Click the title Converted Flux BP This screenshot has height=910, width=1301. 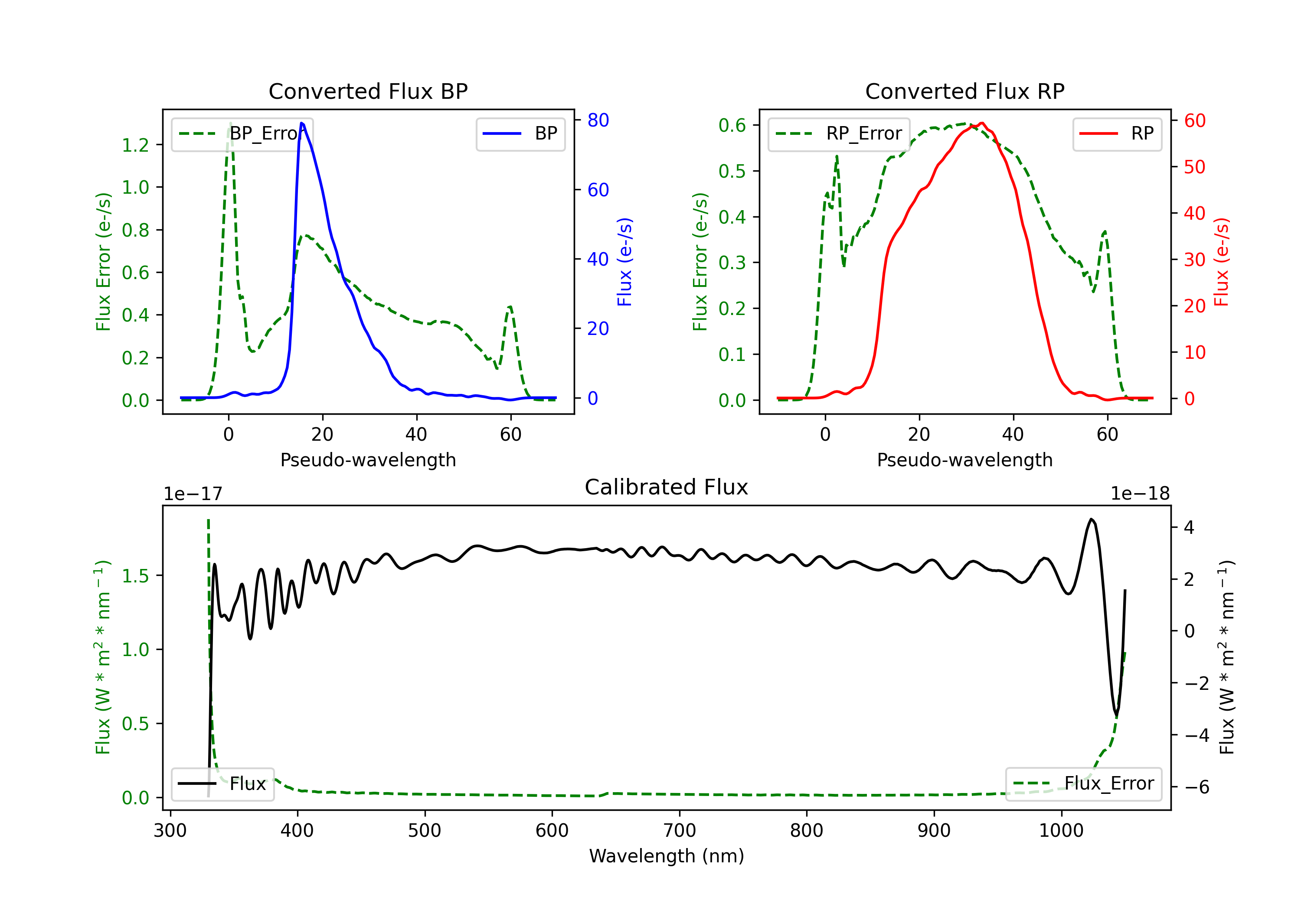click(x=368, y=91)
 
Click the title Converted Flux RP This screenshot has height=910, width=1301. click(x=964, y=91)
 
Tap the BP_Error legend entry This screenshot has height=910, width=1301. click(x=242, y=133)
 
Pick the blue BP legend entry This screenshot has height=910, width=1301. click(x=520, y=133)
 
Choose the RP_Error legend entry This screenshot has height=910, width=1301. click(x=839, y=133)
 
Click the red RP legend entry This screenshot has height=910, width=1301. click(x=1117, y=133)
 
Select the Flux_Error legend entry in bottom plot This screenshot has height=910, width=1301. click(x=1083, y=784)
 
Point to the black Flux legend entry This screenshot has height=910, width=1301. click(x=223, y=784)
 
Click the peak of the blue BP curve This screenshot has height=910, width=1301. click(x=301, y=123)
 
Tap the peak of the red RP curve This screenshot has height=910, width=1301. click(x=981, y=123)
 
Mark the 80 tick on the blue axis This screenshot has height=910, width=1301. click(x=598, y=120)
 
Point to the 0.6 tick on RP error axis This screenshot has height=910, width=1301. click(x=732, y=125)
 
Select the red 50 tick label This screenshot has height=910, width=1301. click(x=1194, y=167)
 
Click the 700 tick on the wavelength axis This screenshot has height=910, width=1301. click(x=680, y=831)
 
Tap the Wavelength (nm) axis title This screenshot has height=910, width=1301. click(x=667, y=856)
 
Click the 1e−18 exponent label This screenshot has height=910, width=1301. click(x=1140, y=494)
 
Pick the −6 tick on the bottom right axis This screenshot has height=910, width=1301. click(x=1196, y=787)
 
